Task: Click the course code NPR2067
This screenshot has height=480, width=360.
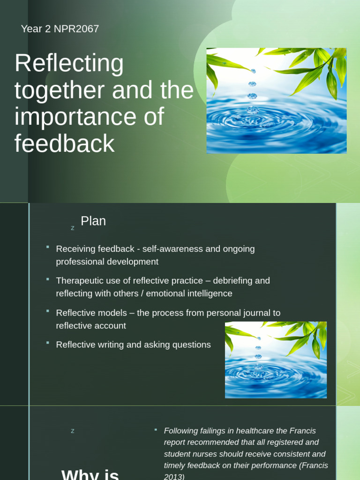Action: [76, 29]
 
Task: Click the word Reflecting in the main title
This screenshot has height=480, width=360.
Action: [69, 64]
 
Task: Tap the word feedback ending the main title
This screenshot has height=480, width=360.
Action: [64, 144]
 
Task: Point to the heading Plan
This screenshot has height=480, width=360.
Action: [93, 221]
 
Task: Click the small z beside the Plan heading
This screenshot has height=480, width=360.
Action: [73, 228]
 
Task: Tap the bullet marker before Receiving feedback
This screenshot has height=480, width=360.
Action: [48, 247]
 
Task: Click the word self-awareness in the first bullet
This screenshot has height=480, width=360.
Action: [173, 249]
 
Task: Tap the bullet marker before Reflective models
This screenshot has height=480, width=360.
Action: [48, 310]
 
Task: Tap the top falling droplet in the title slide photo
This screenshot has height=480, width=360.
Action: [254, 71]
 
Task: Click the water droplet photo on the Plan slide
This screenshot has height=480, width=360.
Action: [276, 360]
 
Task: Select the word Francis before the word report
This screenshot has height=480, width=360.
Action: [303, 431]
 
